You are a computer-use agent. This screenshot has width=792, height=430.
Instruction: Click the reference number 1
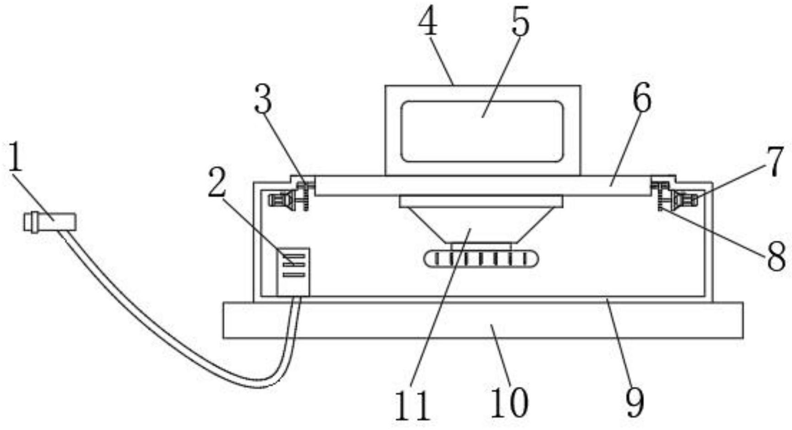pyautogui.click(x=16, y=157)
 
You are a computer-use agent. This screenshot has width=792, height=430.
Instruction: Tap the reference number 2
pyautogui.click(x=217, y=182)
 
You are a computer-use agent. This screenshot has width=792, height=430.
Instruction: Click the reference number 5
pyautogui.click(x=521, y=22)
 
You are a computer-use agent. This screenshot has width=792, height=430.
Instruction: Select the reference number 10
pyautogui.click(x=509, y=403)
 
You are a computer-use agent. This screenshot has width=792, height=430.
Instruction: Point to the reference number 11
pyautogui.click(x=412, y=406)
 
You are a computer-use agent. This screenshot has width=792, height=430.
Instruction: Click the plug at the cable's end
pyautogui.click(x=50, y=222)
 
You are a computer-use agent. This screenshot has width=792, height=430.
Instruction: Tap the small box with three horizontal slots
pyautogui.click(x=293, y=271)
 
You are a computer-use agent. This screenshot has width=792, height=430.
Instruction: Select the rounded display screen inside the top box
pyautogui.click(x=482, y=132)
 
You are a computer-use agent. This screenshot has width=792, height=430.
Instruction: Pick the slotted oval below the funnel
pyautogui.click(x=481, y=259)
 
